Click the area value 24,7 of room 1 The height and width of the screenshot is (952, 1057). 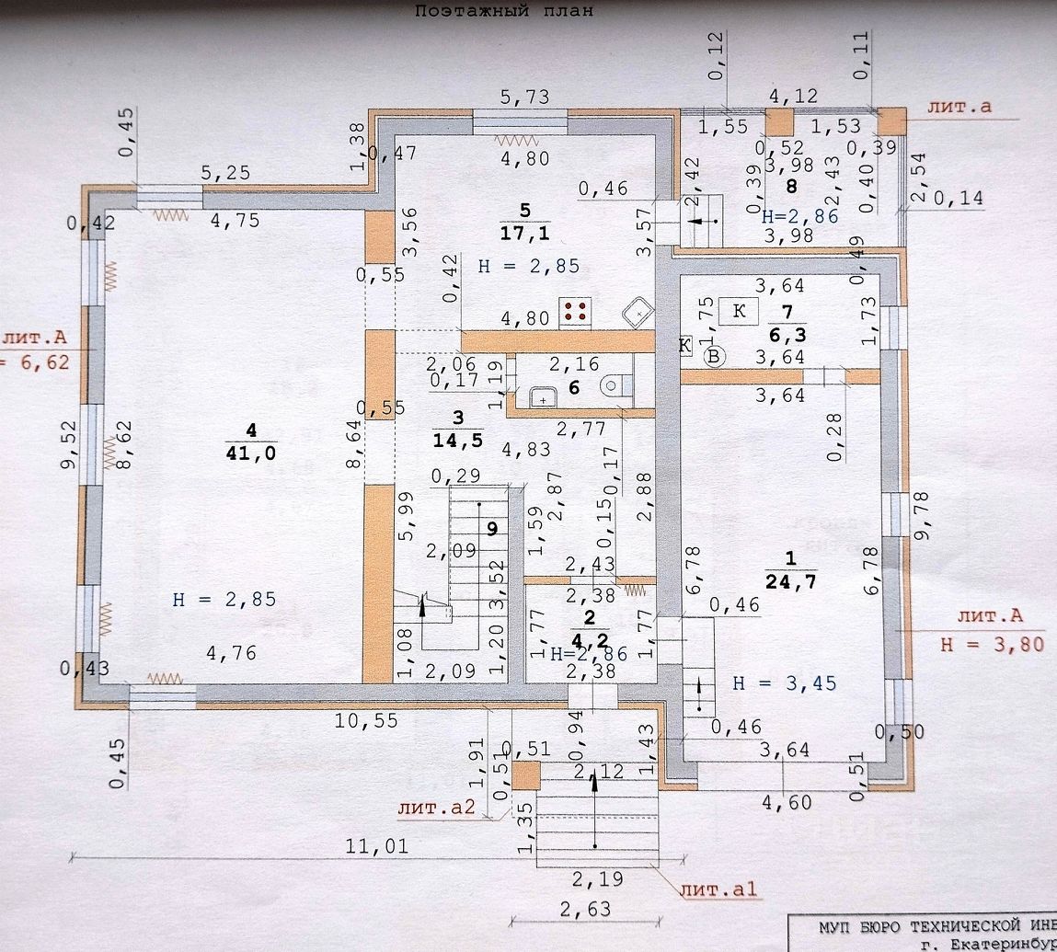point(789,581)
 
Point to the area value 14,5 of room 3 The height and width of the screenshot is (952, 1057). point(456,440)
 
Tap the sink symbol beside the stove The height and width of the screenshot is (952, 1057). point(636,313)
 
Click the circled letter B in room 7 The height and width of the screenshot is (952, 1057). point(714,357)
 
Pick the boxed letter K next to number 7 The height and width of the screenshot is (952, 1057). point(738,311)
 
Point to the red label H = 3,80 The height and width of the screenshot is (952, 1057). point(992,644)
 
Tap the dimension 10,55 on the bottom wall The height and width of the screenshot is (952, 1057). point(367,721)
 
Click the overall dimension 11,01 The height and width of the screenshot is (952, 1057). point(377,846)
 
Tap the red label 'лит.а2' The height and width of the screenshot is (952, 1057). point(436,809)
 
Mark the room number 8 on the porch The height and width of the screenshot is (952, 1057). point(791,187)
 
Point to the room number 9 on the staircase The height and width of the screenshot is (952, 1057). point(492,528)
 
